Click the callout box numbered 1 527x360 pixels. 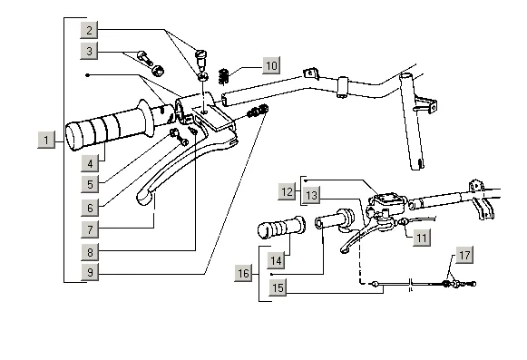point(46,140)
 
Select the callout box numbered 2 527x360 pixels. point(89,30)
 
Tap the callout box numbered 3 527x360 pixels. point(89,51)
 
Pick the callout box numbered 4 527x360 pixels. point(90,163)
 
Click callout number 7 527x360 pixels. point(90,229)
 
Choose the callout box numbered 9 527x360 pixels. point(90,272)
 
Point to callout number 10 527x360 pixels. point(271,65)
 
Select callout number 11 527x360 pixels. point(422,238)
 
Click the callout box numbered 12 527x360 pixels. point(287,191)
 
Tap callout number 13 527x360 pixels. point(311,195)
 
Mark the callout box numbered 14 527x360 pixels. point(277,260)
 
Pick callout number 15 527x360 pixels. point(278,287)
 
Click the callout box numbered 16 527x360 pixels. point(243,273)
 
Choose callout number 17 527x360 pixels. point(464,255)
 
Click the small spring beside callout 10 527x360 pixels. point(224,77)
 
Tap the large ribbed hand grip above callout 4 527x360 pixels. point(111,126)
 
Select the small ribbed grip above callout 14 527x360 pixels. point(282,228)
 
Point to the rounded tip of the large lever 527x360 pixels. point(143,199)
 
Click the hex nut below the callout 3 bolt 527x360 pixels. point(157,70)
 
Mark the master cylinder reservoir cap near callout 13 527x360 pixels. point(388,199)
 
